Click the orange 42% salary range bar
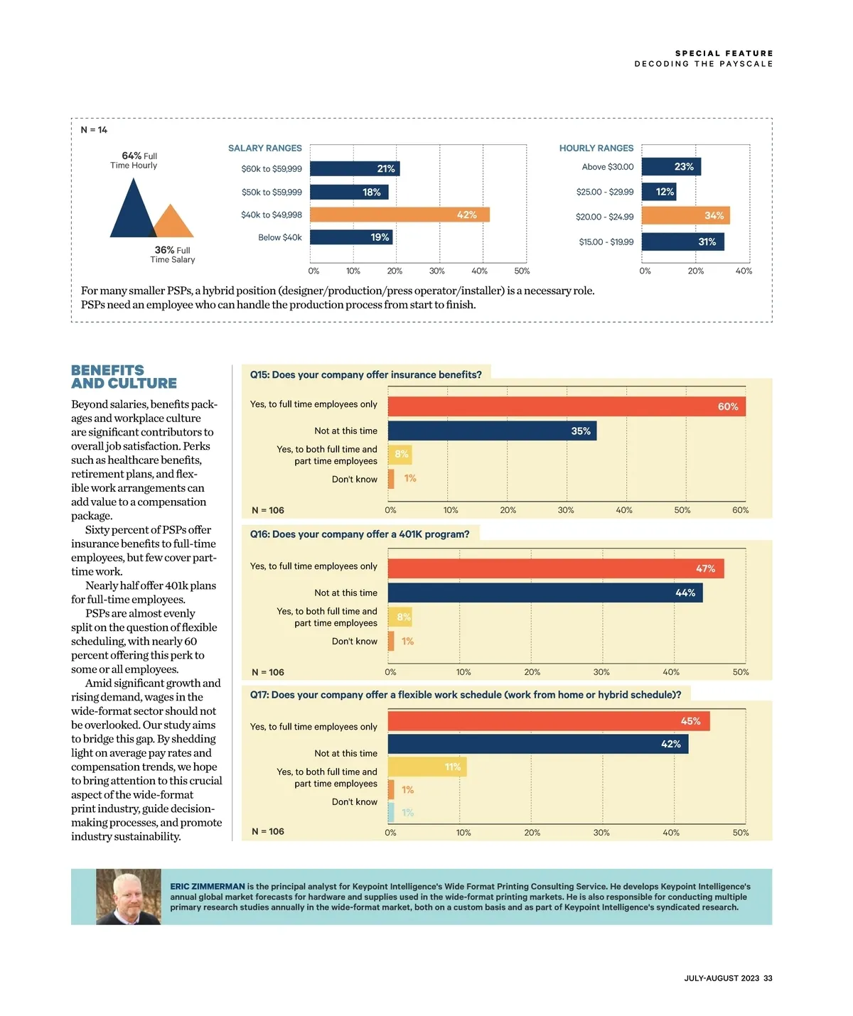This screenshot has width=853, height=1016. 399,215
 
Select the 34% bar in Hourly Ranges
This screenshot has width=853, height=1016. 685,216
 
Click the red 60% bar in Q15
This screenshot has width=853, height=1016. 567,406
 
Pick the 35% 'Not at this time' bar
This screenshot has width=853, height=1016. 492,431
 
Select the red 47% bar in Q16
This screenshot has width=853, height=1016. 556,568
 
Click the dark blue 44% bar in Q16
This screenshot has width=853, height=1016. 545,593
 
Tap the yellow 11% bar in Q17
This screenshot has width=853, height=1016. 427,767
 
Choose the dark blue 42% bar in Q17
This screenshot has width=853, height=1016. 538,744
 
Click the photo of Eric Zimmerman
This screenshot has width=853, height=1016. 129,897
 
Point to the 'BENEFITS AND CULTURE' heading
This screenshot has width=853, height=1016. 124,377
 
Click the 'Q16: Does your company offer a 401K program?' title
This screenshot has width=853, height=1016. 360,534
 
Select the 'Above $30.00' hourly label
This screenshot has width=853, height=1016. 608,167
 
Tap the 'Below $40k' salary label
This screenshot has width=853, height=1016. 280,237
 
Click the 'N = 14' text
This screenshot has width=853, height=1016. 94,130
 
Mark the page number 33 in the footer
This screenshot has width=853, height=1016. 768,978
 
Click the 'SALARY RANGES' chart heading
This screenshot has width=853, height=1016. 265,148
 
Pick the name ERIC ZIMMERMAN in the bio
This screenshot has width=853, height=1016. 208,887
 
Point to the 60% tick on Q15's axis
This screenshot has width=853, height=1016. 741,510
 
